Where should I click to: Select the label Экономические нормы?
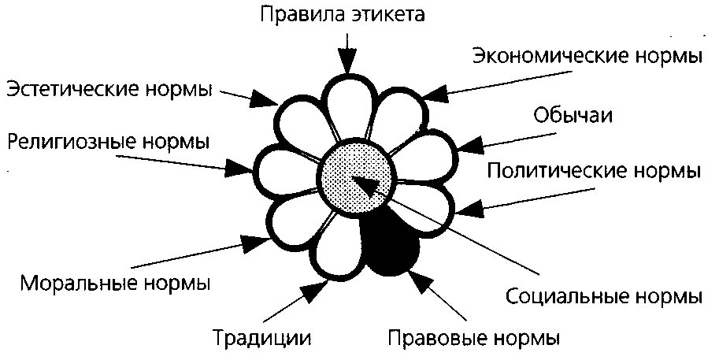pos(586,57)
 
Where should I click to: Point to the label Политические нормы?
pos(593,171)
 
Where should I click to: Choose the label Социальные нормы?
pos(602,298)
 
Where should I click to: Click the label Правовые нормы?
pos(474,339)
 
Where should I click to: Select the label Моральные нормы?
pos(116,281)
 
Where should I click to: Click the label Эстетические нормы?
pos(110,89)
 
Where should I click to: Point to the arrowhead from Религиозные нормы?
pos(237,167)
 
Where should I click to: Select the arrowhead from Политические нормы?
pos(469,210)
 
